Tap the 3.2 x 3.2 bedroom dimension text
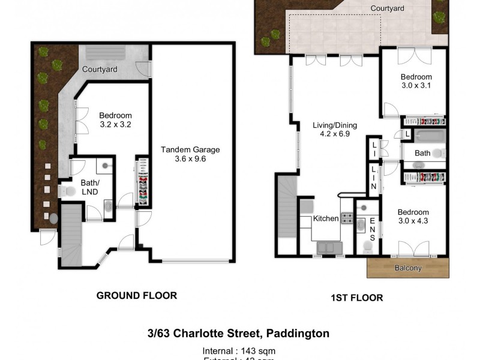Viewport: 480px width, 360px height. pyautogui.click(x=116, y=125)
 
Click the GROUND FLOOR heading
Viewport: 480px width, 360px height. pyautogui.click(x=137, y=295)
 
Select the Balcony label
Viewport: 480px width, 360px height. pyautogui.click(x=408, y=268)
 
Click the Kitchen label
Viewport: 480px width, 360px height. pyautogui.click(x=326, y=219)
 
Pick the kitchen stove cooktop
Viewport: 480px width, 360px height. pyautogui.click(x=347, y=218)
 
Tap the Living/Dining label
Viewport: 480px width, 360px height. pyautogui.click(x=335, y=125)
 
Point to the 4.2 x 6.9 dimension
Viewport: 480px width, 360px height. pyautogui.click(x=335, y=134)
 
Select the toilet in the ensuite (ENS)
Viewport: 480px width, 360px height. pyautogui.click(x=366, y=247)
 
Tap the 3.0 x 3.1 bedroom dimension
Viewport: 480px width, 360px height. pyautogui.click(x=416, y=86)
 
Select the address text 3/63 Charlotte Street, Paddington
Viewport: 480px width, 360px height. pyautogui.click(x=239, y=333)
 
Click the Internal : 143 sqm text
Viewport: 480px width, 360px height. pyautogui.click(x=239, y=350)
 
